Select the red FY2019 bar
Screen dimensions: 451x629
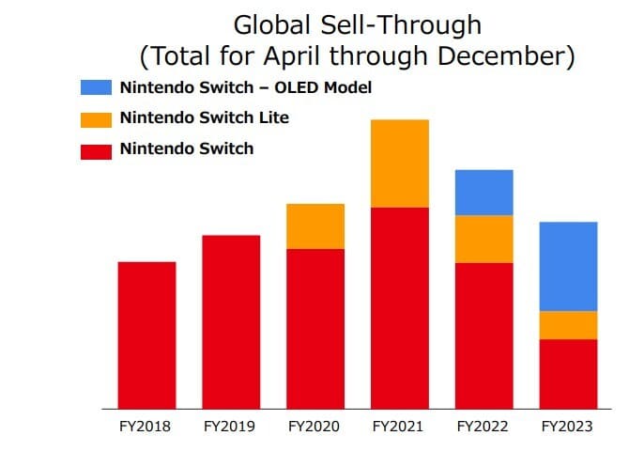click(231, 321)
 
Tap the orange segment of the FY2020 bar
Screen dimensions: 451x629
click(315, 225)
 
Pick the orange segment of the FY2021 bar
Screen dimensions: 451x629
click(400, 163)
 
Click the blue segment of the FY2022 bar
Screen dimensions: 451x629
click(484, 193)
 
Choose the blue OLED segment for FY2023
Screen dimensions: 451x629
click(569, 266)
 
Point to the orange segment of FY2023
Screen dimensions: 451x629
click(569, 325)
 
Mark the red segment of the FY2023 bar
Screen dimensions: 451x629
click(569, 373)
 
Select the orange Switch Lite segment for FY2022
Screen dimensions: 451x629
click(484, 239)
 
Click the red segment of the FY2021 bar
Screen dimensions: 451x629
click(400, 307)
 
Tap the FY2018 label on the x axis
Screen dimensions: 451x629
click(146, 427)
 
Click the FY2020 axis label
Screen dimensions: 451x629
click(315, 427)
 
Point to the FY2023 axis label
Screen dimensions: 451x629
click(567, 427)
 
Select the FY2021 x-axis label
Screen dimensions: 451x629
click(399, 427)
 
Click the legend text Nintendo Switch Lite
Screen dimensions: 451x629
click(204, 118)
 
